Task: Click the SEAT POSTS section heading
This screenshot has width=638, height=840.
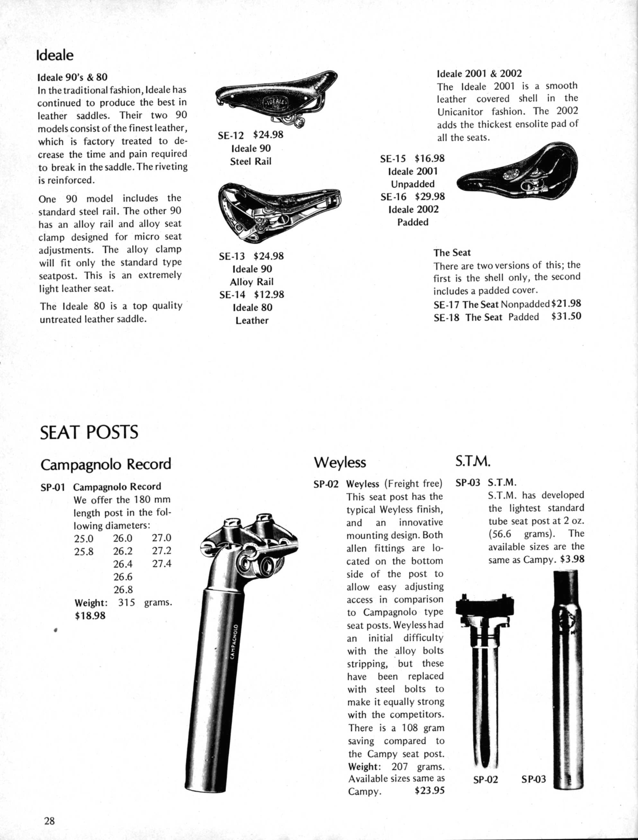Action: pyautogui.click(x=89, y=432)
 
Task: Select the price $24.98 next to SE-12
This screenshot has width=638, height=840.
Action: pyautogui.click(x=268, y=135)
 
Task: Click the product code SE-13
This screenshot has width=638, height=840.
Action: pyautogui.click(x=232, y=256)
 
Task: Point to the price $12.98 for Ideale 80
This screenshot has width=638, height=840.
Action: pyautogui.click(x=269, y=295)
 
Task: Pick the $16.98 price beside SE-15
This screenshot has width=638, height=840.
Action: pyautogui.click(x=430, y=158)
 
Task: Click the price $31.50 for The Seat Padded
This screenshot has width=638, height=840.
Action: pyautogui.click(x=566, y=317)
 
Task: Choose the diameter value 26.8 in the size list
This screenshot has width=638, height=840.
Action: pyautogui.click(x=123, y=590)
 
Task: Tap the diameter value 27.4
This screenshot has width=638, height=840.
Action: pyautogui.click(x=162, y=563)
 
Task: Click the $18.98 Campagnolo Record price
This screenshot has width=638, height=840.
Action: pyautogui.click(x=90, y=615)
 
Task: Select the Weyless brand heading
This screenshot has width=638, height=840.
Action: pyautogui.click(x=340, y=462)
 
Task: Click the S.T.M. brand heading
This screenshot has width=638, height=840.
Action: pyautogui.click(x=473, y=461)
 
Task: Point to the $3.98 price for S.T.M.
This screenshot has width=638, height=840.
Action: pyautogui.click(x=572, y=559)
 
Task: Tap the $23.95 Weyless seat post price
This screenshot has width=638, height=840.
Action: pyautogui.click(x=430, y=791)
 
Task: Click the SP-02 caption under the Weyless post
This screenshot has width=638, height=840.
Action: pyautogui.click(x=485, y=780)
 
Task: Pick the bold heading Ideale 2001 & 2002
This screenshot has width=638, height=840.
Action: pyautogui.click(x=479, y=73)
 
